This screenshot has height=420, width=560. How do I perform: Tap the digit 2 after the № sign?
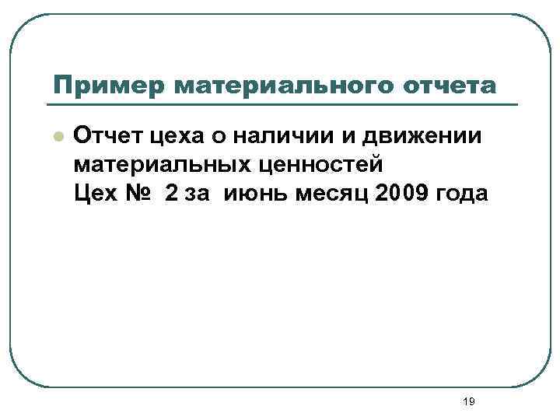coord(171,194)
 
